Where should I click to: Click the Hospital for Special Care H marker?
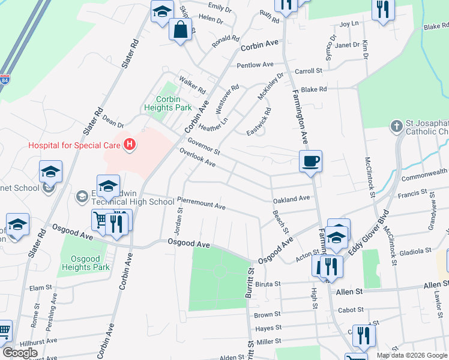coord(128,145)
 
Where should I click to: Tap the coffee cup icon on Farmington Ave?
coord(310,161)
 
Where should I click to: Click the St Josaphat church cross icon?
coord(396,127)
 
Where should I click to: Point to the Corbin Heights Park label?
coord(168,104)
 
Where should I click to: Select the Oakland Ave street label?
coord(291,198)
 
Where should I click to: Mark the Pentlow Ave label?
coord(255,65)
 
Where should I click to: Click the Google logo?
coord(20,352)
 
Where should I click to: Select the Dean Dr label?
coord(112,122)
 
